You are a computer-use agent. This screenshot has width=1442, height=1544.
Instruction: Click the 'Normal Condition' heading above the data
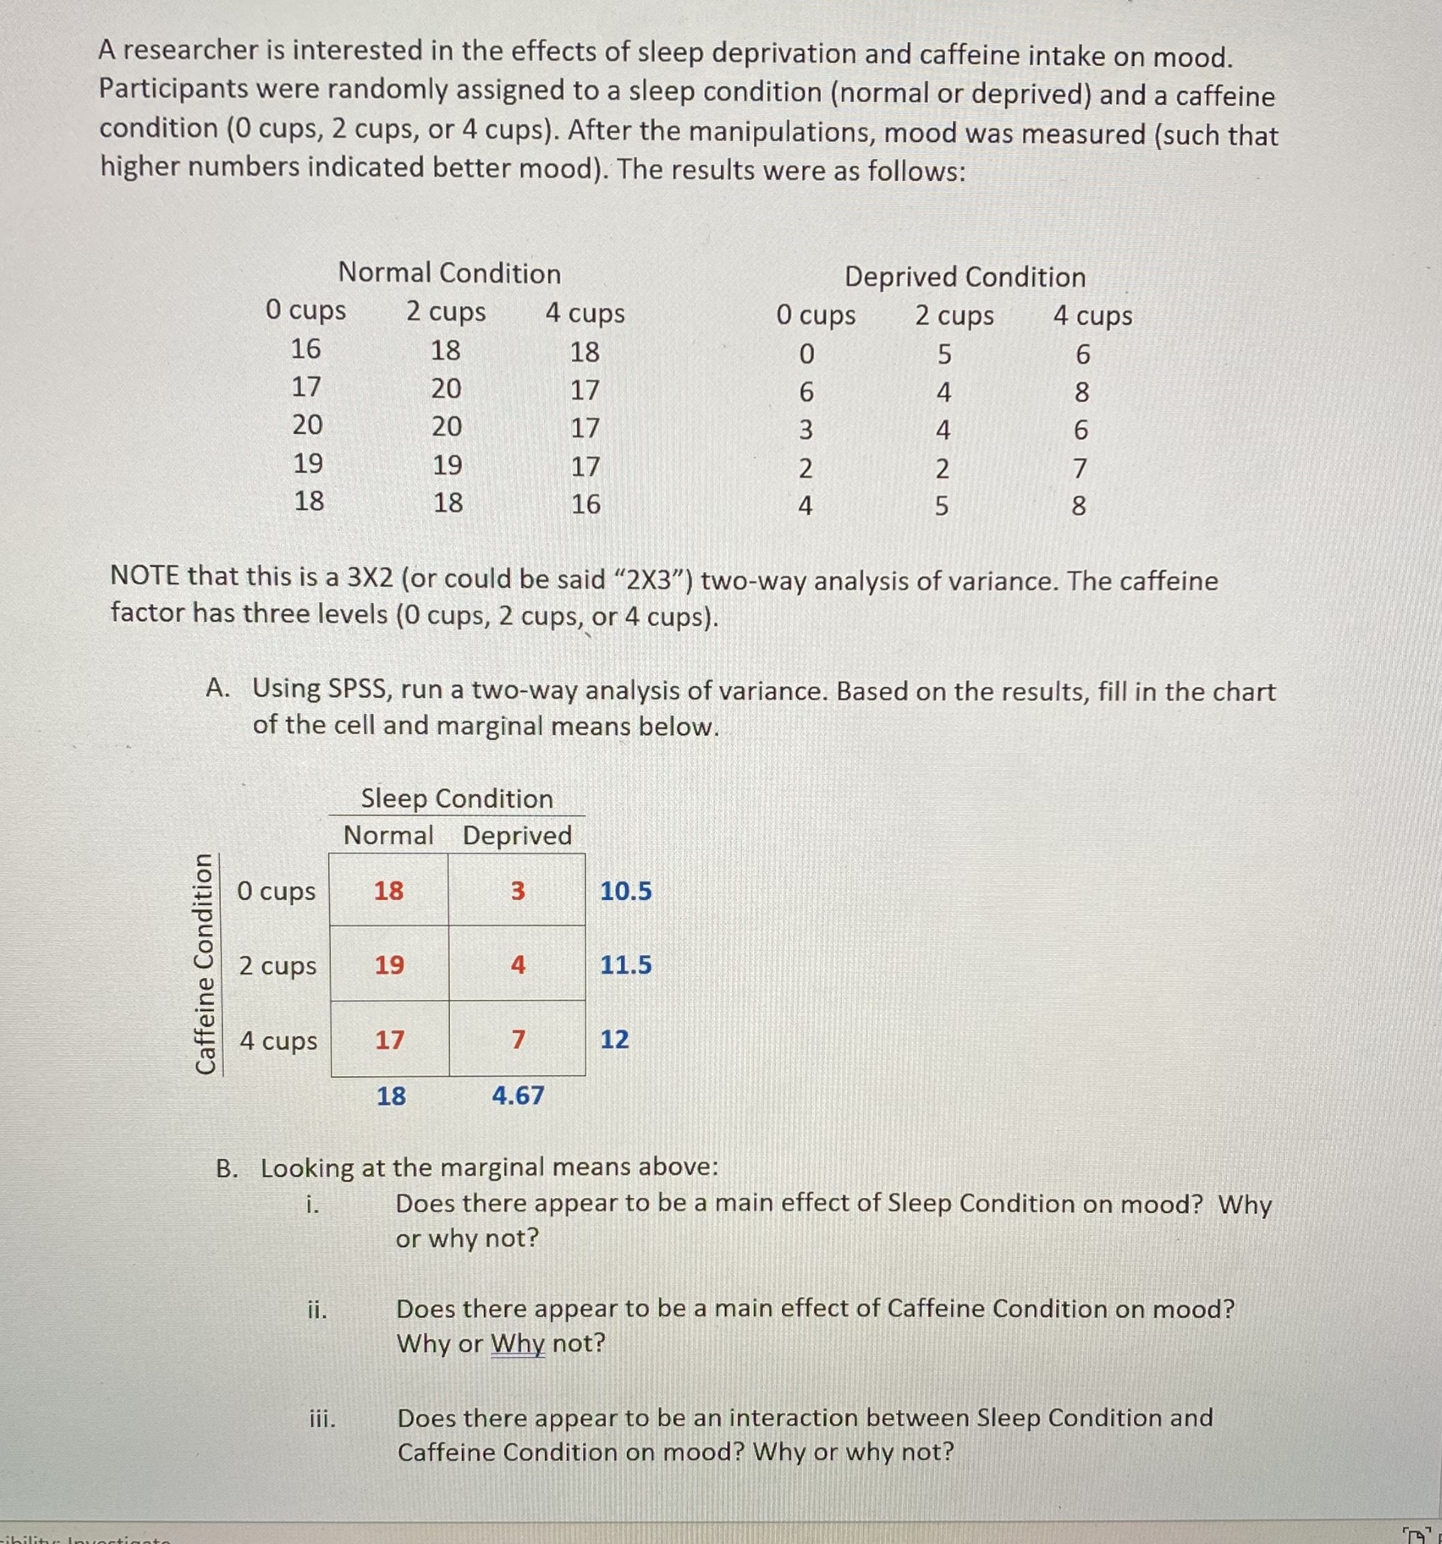[449, 273]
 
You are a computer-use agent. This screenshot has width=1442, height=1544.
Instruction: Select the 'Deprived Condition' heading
[964, 277]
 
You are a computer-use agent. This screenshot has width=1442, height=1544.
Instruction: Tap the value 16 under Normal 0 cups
[306, 350]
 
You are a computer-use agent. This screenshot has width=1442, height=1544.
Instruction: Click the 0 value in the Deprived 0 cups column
[806, 355]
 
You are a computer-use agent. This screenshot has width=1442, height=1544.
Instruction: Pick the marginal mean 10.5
[626, 891]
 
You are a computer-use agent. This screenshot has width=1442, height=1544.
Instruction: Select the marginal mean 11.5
[626, 965]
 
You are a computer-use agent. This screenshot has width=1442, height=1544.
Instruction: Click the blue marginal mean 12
[614, 1039]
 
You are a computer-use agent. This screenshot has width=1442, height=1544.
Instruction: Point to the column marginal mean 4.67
[517, 1096]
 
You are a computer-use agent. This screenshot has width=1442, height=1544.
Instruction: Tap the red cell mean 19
[389, 965]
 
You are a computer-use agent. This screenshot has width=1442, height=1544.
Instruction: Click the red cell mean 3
[517, 891]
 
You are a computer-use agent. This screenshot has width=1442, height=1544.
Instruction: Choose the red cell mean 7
[518, 1039]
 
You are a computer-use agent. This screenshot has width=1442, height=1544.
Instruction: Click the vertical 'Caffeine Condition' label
[204, 964]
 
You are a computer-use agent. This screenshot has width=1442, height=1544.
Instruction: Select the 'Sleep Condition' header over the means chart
[457, 799]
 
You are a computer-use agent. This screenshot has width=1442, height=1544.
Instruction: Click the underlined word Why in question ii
[517, 1343]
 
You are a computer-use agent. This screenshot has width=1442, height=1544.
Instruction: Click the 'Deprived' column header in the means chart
[517, 835]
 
